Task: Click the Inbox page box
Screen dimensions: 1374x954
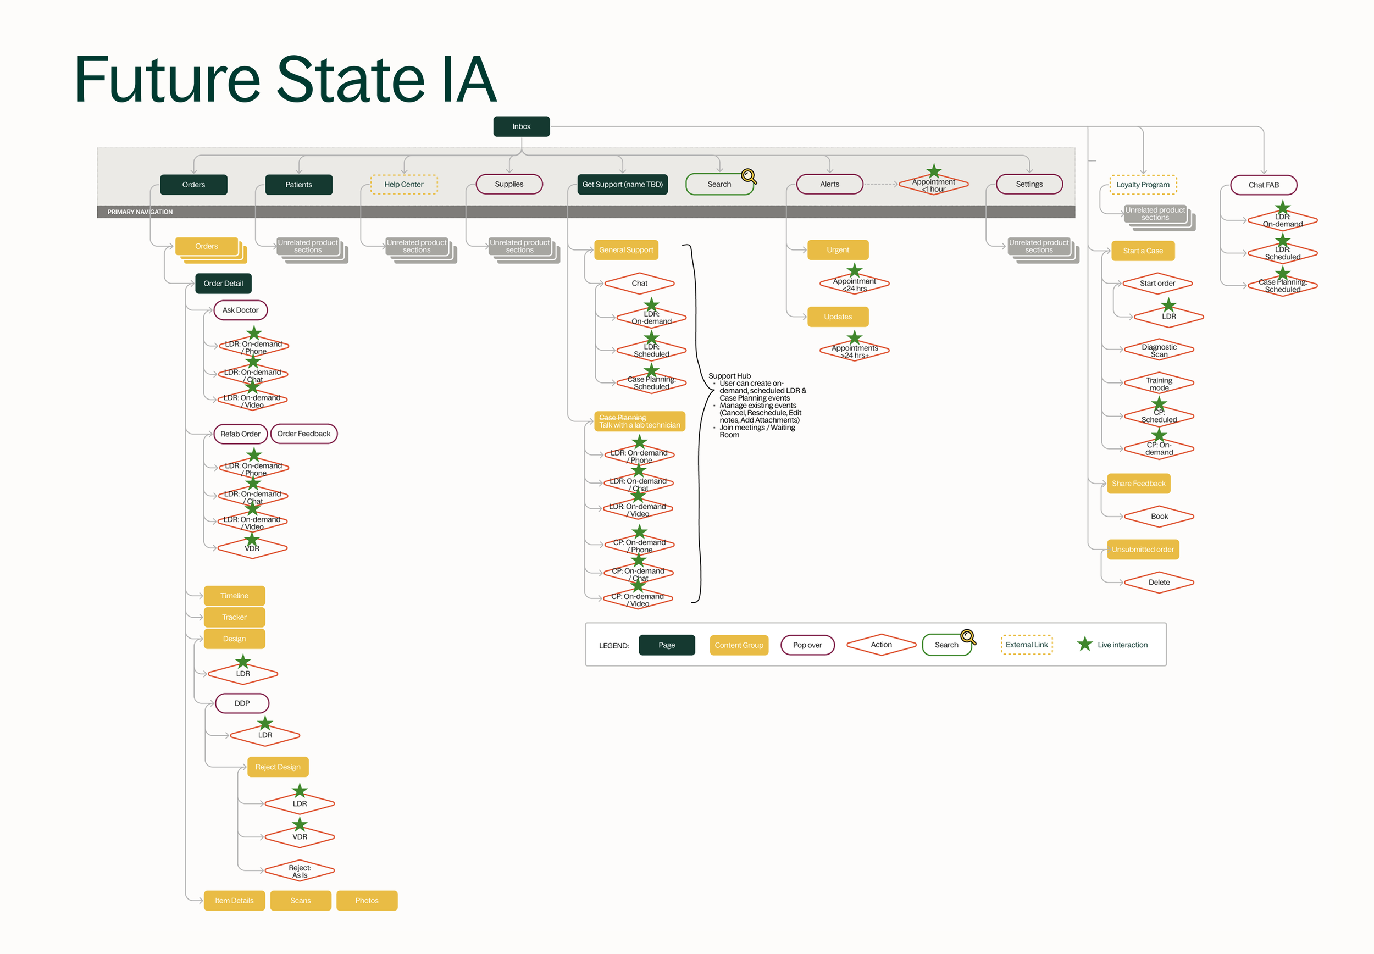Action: tap(521, 126)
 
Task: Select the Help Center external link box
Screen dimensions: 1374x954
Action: tap(403, 184)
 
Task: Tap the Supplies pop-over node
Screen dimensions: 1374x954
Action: tap(508, 184)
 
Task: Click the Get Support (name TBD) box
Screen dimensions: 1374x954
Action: tap(622, 184)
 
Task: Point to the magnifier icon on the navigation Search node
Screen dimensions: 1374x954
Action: tap(748, 176)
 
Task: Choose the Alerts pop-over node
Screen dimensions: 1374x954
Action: tap(829, 184)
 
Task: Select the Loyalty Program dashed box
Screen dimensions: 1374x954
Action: tap(1143, 185)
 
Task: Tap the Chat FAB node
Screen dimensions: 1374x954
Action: tap(1263, 185)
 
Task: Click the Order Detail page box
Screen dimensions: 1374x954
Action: tap(223, 284)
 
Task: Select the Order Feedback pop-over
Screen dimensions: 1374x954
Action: tap(303, 434)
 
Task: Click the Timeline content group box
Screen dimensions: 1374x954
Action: tap(234, 596)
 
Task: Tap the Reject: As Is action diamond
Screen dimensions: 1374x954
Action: tap(300, 871)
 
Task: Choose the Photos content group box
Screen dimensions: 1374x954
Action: tap(367, 901)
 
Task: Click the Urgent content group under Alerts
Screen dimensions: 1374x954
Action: tap(837, 250)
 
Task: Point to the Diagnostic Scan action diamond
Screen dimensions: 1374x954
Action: tap(1159, 350)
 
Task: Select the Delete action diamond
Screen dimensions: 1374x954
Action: tap(1159, 582)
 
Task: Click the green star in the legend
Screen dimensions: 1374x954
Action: tap(1085, 645)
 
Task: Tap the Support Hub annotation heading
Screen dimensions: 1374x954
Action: tap(729, 376)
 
